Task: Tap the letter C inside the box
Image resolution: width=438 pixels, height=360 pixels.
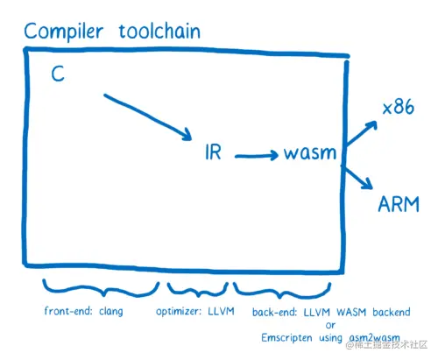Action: click(x=58, y=76)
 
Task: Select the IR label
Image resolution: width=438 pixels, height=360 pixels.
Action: click(x=212, y=153)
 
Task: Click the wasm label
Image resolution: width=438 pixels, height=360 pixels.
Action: click(x=308, y=154)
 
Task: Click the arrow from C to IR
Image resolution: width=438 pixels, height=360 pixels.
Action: click(x=147, y=115)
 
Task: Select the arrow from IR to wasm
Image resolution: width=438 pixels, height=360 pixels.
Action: click(x=256, y=156)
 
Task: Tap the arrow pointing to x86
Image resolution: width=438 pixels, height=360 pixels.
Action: click(x=362, y=131)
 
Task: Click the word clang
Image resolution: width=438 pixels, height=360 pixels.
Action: click(x=110, y=312)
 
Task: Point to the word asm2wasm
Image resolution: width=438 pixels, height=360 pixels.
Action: click(x=371, y=338)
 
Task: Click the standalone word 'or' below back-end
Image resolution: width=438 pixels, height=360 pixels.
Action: click(x=328, y=325)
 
